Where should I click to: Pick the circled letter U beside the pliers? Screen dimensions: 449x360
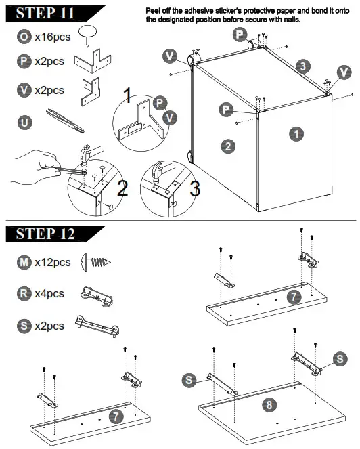click(24, 122)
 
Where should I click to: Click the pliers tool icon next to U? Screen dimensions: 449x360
click(65, 119)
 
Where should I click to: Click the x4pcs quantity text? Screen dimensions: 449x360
click(49, 294)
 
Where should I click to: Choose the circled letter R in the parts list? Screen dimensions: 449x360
click(24, 294)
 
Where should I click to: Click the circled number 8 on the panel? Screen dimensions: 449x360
click(269, 405)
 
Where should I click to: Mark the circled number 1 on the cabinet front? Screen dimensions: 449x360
click(296, 134)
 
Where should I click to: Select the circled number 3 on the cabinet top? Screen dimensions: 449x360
click(304, 66)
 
